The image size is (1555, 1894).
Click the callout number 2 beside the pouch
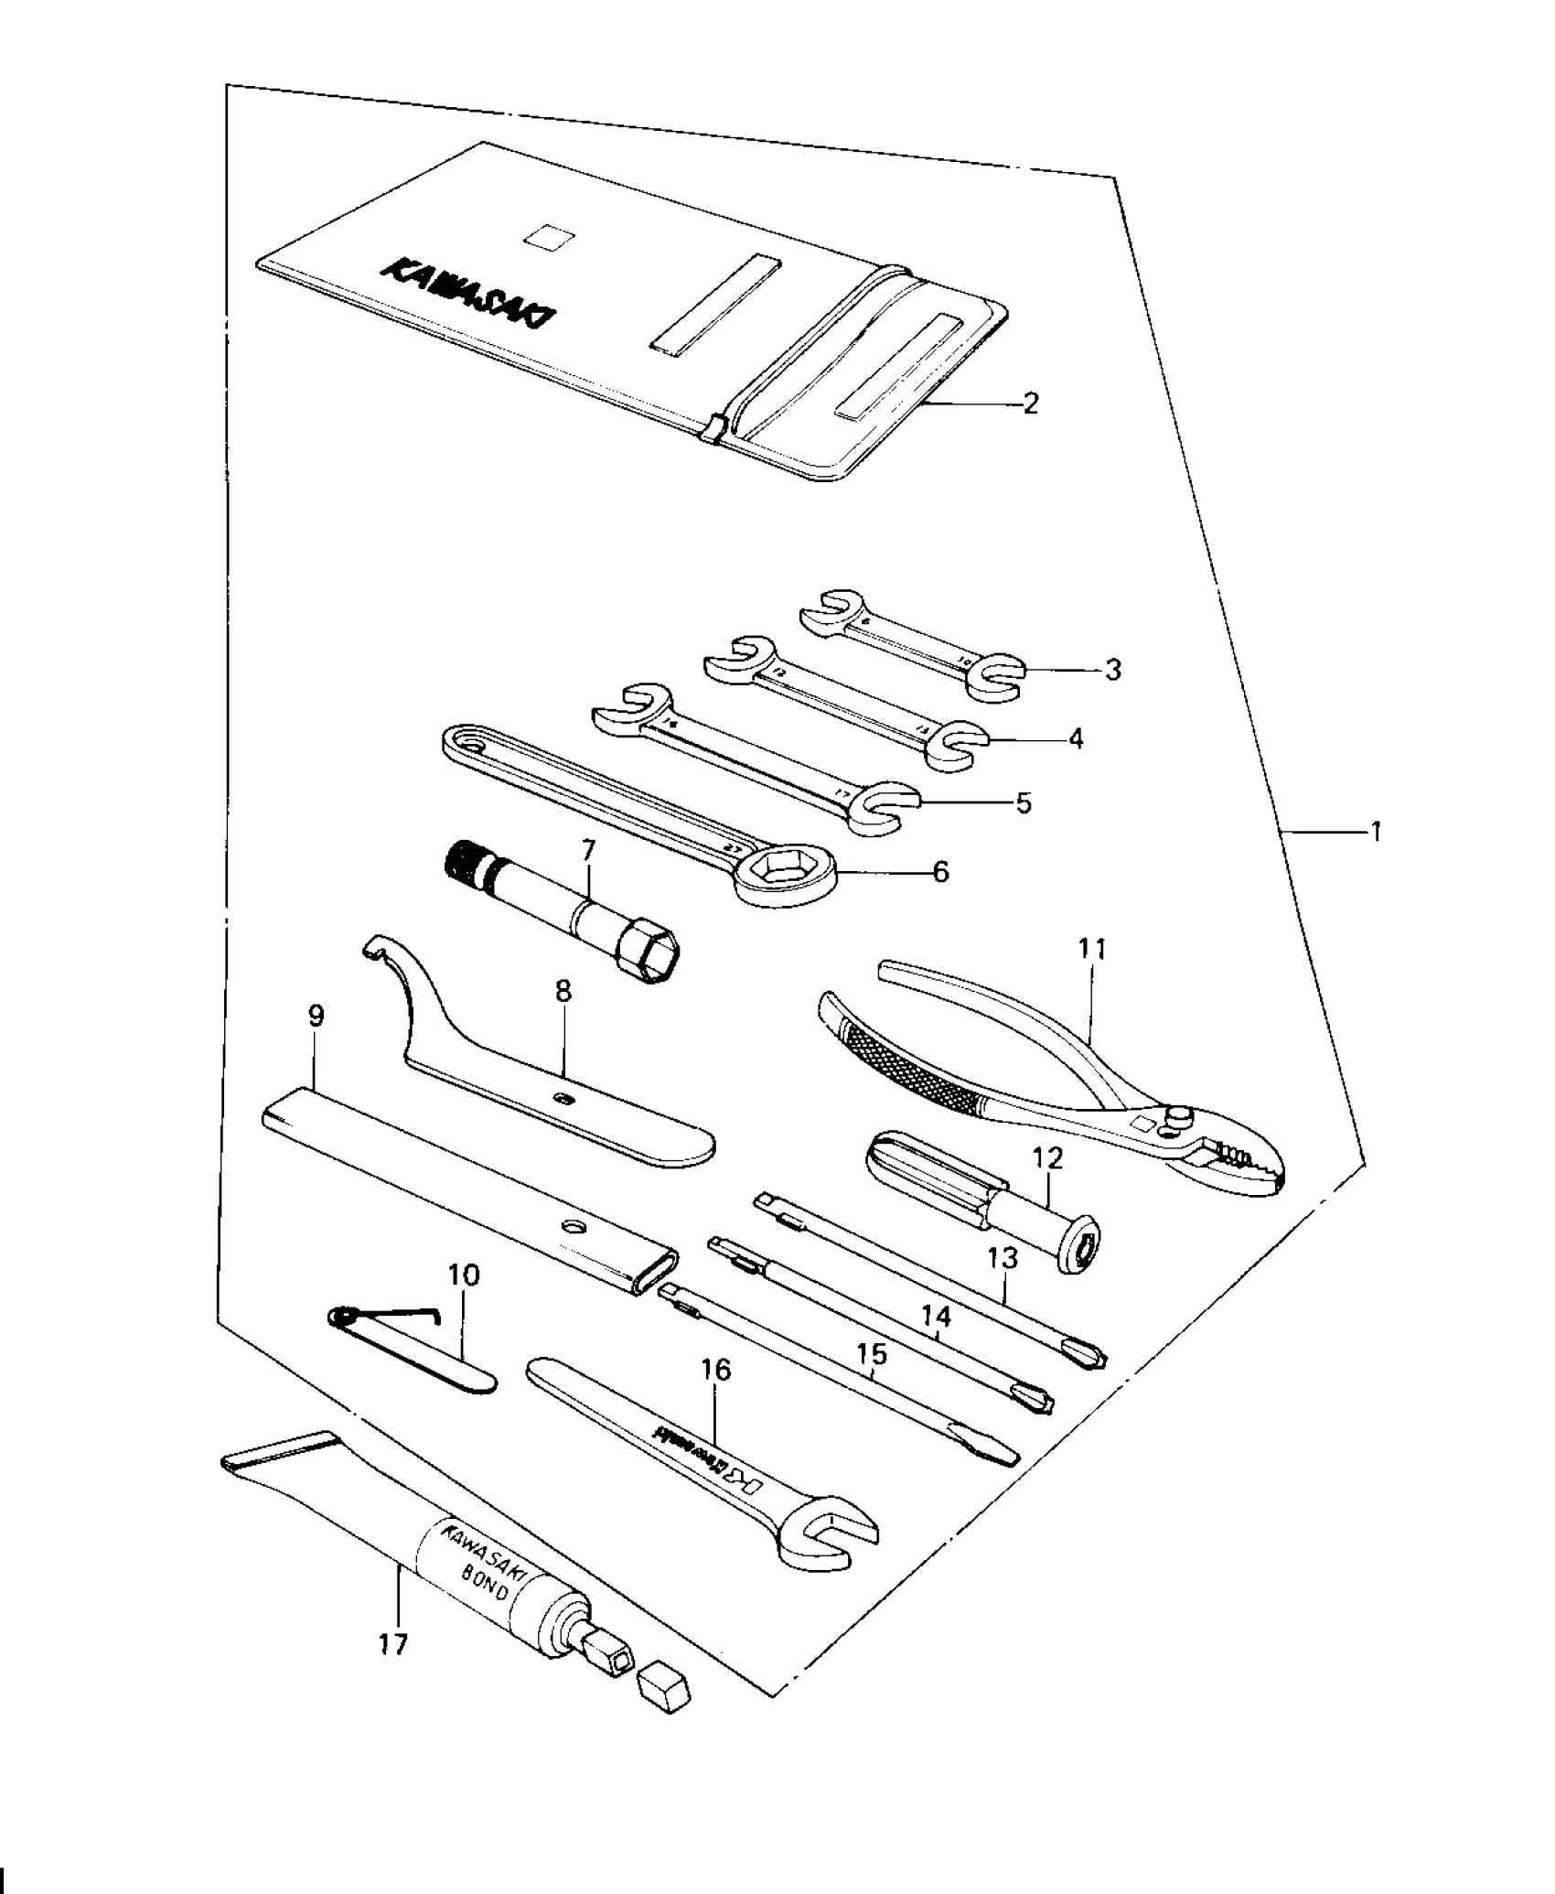tap(1031, 404)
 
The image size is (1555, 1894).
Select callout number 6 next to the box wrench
tap(941, 872)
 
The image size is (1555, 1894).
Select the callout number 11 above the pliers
tap(1092, 950)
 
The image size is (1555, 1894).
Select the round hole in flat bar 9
tap(574, 1226)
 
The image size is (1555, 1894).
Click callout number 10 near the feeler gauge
tap(464, 1275)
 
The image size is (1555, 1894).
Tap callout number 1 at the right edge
tap(1376, 832)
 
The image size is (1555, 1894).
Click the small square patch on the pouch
tap(550, 237)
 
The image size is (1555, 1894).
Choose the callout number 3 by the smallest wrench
tap(1112, 670)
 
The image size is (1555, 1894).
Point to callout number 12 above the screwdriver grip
tap(1048, 1159)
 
